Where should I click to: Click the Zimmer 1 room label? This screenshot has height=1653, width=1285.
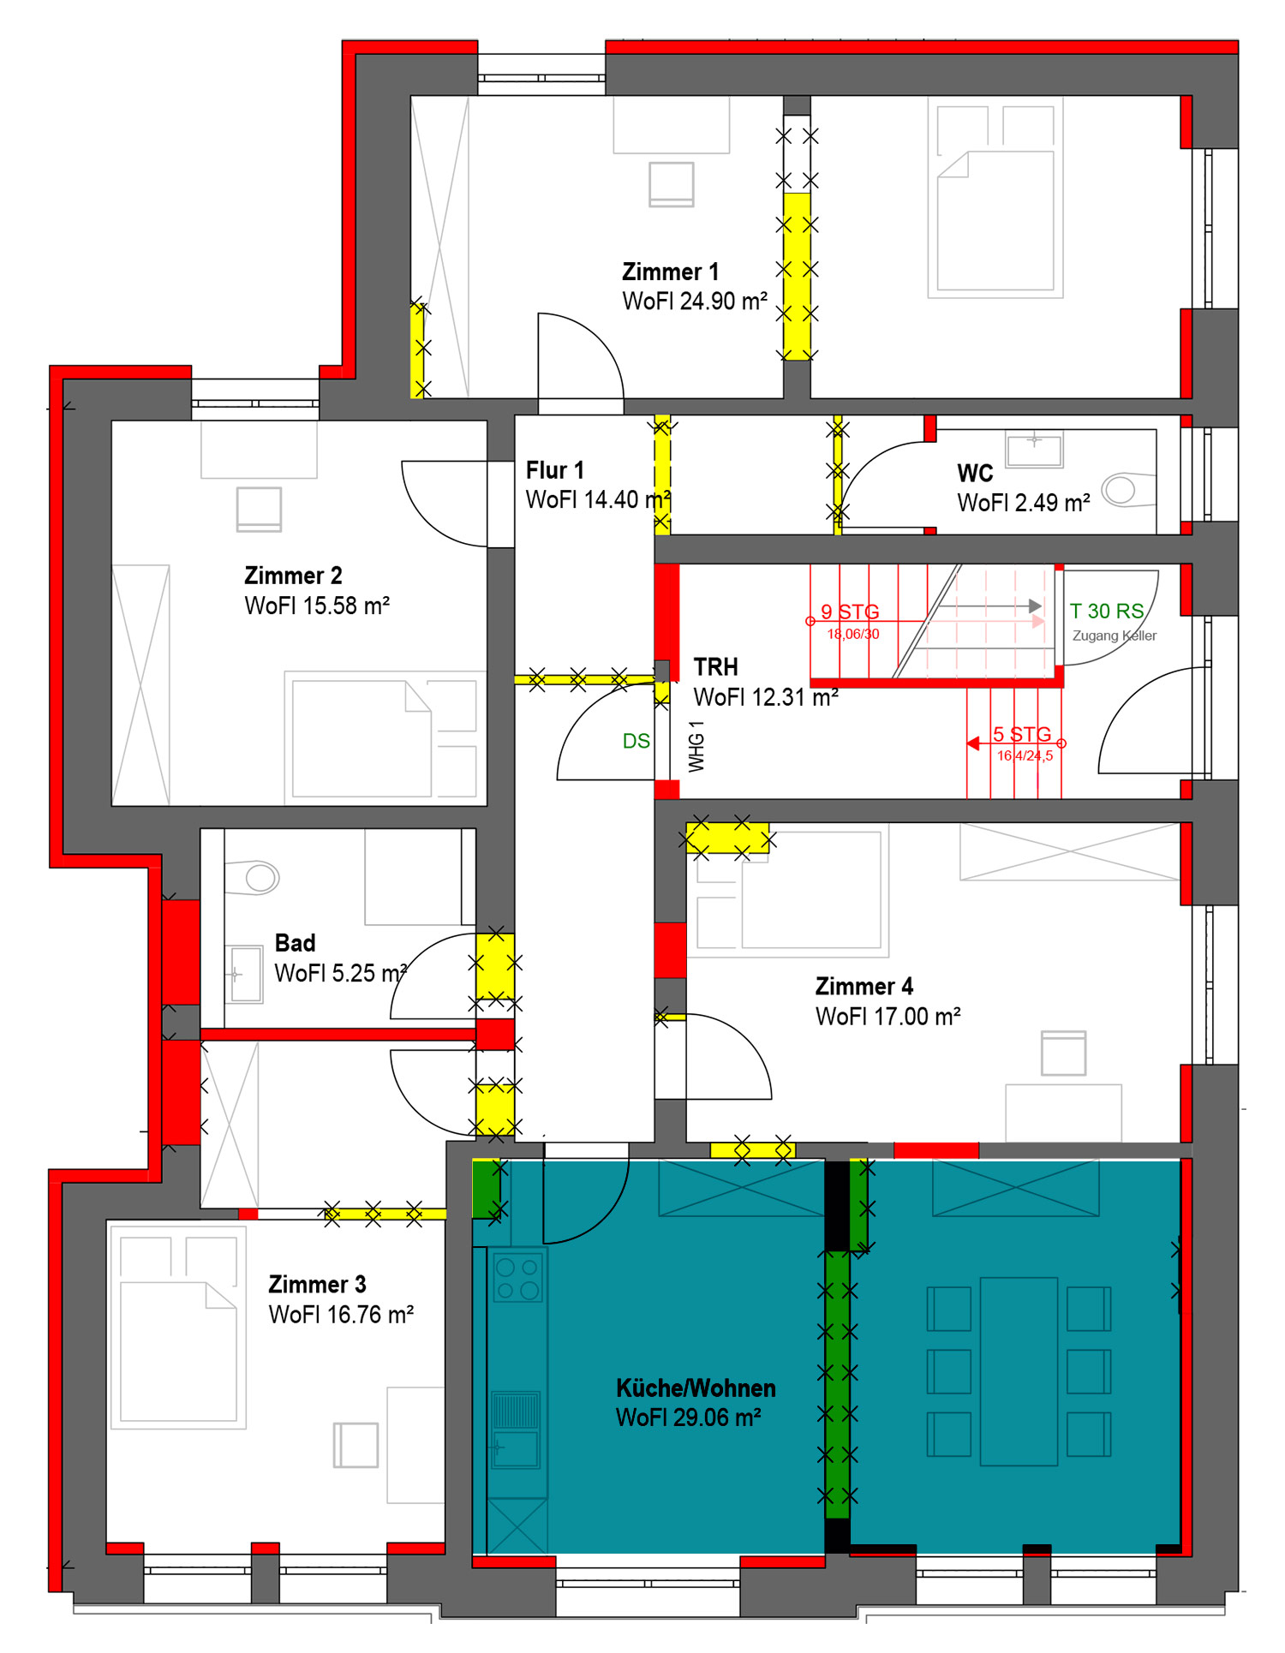coord(670,272)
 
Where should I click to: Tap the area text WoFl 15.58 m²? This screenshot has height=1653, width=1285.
coord(317,606)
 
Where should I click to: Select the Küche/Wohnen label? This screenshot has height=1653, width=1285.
coord(696,1387)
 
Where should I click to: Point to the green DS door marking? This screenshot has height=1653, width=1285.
coord(636,741)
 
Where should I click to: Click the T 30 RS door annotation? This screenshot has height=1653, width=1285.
coord(1107,611)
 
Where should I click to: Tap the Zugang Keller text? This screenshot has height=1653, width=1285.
coord(1115,636)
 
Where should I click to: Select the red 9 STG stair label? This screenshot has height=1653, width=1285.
coord(850,612)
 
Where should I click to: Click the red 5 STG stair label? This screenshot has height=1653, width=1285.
coord(1021,734)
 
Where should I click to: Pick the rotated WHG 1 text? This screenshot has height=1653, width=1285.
coord(696,746)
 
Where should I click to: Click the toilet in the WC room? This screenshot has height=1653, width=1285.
coord(1119,490)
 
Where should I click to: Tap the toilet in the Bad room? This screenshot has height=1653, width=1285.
coord(257,877)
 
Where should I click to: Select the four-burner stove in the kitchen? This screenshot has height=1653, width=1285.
coord(517,1277)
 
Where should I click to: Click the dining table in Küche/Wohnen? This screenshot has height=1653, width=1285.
coord(1019,1371)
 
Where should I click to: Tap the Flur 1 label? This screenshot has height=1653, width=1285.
coord(554,470)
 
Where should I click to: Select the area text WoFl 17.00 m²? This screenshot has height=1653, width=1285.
coord(888,1017)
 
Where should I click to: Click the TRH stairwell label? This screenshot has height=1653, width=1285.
coord(715,667)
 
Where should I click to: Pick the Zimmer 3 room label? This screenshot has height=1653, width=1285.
coord(317,1284)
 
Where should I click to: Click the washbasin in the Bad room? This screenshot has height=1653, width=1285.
coord(245,975)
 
